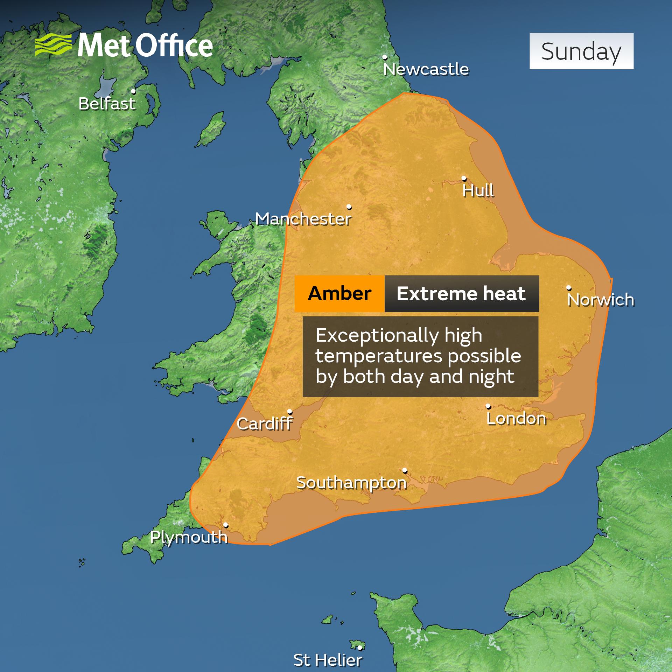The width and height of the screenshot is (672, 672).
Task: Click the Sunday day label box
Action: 581,51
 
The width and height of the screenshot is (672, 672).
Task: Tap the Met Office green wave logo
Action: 53,45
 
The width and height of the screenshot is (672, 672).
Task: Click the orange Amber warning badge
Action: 339,293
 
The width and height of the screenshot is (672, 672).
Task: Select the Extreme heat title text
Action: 461,293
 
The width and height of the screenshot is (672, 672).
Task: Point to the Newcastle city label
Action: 426,69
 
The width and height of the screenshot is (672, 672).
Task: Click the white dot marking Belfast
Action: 133,91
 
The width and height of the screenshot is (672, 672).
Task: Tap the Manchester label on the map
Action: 303,219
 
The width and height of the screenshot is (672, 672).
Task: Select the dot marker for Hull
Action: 464,178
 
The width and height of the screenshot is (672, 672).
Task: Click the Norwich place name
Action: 600,300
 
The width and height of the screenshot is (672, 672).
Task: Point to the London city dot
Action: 488,406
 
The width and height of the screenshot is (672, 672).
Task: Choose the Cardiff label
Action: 265,424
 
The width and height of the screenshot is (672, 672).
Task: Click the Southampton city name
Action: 351,483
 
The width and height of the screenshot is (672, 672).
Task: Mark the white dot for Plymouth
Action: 226,525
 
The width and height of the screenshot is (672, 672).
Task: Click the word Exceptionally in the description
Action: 377,336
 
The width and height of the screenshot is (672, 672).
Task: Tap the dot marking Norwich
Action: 569,288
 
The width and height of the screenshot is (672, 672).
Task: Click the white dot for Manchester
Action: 349,207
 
